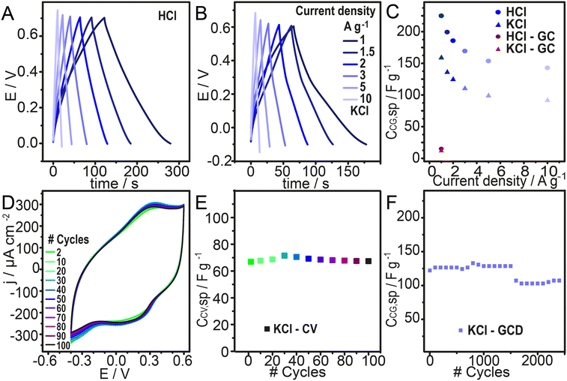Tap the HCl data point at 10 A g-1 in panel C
548,67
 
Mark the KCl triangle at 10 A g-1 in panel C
548,100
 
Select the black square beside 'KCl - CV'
266,328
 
